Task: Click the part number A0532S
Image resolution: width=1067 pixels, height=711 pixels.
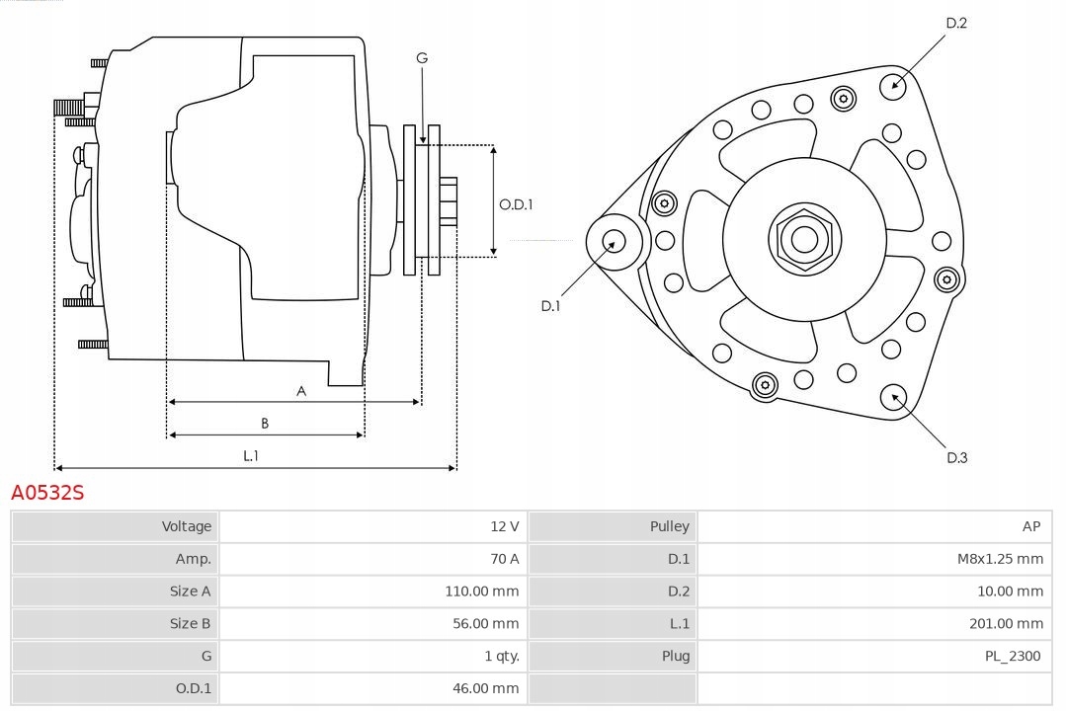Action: (47, 492)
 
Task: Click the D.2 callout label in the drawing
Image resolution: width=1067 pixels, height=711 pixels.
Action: (956, 23)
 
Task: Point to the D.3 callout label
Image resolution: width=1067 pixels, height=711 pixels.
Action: (956, 457)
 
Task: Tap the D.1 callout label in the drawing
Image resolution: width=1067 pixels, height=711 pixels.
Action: (550, 306)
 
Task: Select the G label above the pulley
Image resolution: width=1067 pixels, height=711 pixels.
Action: (422, 58)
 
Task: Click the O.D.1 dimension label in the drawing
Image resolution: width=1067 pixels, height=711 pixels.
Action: (516, 204)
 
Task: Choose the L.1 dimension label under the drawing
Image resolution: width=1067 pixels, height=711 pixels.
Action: (251, 455)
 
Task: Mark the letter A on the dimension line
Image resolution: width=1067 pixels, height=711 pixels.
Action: (301, 391)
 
